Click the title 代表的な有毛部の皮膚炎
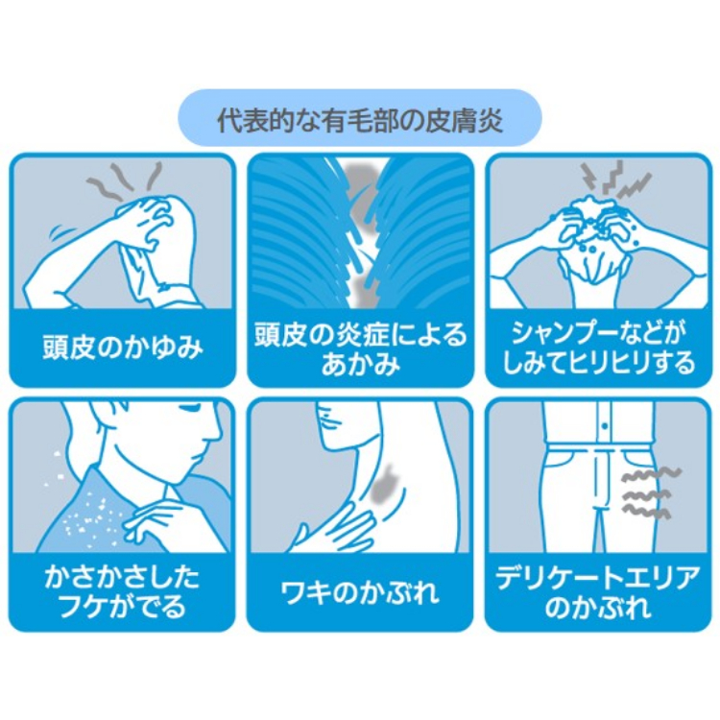360,120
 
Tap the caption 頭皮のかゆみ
123,348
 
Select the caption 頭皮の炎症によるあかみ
360,349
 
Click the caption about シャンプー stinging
598,348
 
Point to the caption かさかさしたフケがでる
122,591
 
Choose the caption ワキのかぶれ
360,592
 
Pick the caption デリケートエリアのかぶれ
598,592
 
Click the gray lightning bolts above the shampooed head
614,180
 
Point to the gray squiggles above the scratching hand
125,180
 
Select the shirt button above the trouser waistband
605,426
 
